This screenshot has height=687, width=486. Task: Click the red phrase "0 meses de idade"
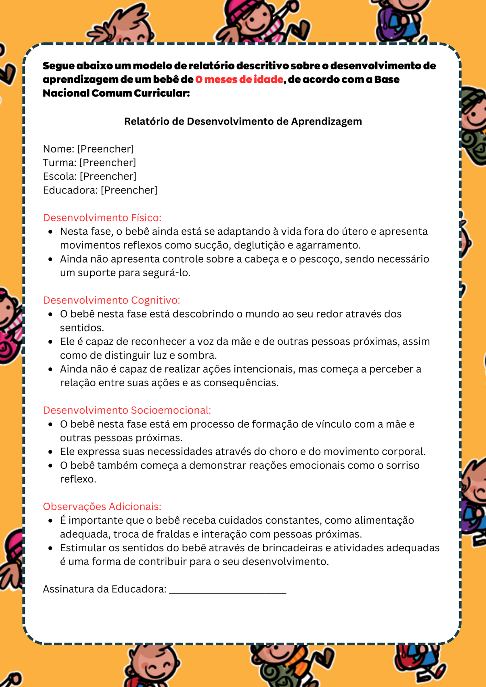[239, 79]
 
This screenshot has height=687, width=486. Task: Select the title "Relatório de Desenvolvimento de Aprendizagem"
[243, 121]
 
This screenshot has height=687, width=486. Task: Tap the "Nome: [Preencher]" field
[88, 149]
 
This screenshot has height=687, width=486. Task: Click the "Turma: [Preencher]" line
[89, 163]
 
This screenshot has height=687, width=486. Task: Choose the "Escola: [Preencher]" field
[90, 176]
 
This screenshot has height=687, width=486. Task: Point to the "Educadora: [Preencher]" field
[100, 190]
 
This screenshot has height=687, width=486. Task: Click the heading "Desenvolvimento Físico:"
[102, 218]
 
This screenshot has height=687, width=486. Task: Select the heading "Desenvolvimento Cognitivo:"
[111, 300]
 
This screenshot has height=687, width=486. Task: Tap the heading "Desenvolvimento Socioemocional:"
[127, 410]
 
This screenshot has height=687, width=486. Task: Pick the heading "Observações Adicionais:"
[102, 506]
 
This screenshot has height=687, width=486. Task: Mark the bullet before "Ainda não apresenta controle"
[51, 259]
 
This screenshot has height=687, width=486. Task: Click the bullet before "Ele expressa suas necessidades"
[51, 452]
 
